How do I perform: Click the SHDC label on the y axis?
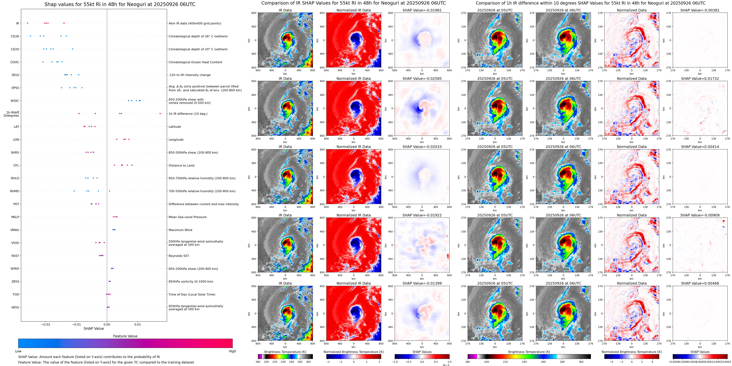coord(15,101)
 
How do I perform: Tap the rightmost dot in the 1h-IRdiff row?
coord(160,113)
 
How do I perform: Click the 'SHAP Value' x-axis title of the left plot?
coord(94,328)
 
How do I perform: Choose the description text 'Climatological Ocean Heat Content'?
coord(195,62)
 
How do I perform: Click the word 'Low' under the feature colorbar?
coord(18,351)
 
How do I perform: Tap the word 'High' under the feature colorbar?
coord(232,351)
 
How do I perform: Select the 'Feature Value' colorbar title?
coord(125,336)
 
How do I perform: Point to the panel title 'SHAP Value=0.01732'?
coord(700,79)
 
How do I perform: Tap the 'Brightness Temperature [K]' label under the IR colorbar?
coord(285,352)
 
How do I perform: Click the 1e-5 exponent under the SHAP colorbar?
coord(446,365)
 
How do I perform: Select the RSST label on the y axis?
coord(15,256)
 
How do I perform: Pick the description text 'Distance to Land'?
coord(181,166)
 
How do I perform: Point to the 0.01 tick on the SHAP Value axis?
coord(137,324)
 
